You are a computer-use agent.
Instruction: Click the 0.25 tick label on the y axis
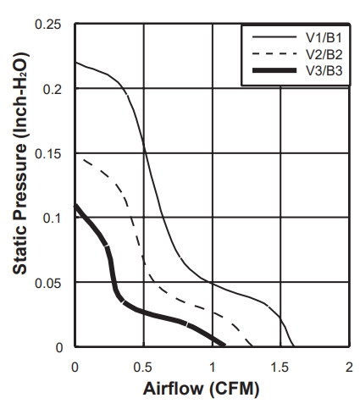[x=47, y=25]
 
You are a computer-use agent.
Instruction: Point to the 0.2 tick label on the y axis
[x=52, y=90]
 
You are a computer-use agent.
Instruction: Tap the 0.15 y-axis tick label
[x=47, y=154]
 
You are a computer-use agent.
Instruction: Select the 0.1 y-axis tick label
[x=52, y=218]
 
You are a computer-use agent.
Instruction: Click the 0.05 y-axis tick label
[x=47, y=283]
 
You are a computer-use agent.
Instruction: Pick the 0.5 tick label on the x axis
[x=143, y=368]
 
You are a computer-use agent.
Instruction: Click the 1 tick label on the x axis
[x=213, y=368]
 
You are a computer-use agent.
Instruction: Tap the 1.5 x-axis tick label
[x=280, y=368]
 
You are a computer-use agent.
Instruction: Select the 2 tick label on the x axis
[x=349, y=368]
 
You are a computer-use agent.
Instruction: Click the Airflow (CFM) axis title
[x=201, y=389]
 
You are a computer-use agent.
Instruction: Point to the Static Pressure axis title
[x=20, y=163]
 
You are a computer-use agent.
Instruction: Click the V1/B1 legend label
[x=324, y=37]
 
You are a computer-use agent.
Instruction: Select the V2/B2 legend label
[x=324, y=54]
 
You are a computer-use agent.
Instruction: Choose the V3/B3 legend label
[x=324, y=70]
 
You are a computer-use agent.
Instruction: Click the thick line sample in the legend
[x=274, y=70]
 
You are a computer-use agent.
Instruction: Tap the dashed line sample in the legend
[x=274, y=54]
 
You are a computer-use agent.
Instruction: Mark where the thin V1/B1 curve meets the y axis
[x=75, y=62]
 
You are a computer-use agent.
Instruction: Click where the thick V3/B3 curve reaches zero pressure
[x=224, y=345]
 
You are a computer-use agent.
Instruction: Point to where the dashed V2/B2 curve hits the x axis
[x=252, y=345]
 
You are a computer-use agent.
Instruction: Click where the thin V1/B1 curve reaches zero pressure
[x=294, y=345]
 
